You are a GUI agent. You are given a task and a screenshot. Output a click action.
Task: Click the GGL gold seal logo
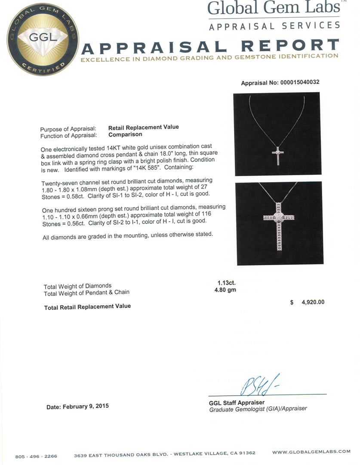[x=43, y=39]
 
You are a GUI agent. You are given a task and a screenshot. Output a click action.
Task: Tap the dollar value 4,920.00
[x=313, y=302]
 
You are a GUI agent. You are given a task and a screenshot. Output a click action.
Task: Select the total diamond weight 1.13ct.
[x=226, y=283]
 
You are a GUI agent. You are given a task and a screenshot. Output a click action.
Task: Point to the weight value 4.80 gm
[x=225, y=290]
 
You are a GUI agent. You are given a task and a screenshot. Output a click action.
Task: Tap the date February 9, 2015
[x=77, y=406]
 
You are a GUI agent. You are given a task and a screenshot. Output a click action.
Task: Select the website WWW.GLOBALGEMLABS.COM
[x=311, y=452]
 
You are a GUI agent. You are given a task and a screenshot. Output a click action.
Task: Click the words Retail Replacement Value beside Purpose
[x=143, y=127]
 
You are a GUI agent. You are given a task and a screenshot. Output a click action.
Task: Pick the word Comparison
[x=125, y=134]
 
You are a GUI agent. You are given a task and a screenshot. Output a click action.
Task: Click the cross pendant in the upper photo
[x=278, y=155]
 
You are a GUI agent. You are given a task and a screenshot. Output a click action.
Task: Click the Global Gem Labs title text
[x=273, y=8]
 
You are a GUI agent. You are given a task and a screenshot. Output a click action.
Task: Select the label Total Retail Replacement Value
[x=87, y=306]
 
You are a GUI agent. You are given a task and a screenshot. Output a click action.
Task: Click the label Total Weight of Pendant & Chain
[x=86, y=292]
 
